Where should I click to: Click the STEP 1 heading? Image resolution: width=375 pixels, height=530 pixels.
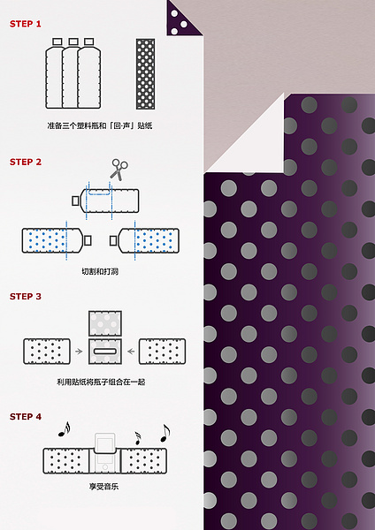tap(26, 24)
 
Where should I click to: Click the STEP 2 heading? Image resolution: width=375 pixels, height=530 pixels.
tap(26, 162)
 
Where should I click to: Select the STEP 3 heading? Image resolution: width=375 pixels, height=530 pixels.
tap(26, 297)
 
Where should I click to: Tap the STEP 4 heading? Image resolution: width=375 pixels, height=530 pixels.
tap(26, 416)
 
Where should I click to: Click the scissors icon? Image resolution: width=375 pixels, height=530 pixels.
tap(119, 170)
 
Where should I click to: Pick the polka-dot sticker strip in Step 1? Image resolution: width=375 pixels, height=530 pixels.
tap(146, 73)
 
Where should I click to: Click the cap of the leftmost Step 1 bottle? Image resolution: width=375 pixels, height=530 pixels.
tap(57, 42)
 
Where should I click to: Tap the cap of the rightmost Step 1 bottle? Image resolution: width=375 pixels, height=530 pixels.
tap(88, 42)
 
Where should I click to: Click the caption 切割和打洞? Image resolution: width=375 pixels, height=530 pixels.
tap(100, 271)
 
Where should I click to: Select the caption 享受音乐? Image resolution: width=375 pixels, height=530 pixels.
tap(103, 487)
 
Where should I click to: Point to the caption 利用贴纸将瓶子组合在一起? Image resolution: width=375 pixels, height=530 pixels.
tap(101, 382)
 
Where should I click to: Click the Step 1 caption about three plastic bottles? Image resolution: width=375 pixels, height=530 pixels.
tap(100, 125)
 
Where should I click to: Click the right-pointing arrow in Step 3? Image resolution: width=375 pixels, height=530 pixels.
tap(79, 352)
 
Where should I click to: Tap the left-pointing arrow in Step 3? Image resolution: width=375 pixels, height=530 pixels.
tap(131, 352)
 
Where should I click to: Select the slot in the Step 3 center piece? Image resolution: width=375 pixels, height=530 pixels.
tap(105, 352)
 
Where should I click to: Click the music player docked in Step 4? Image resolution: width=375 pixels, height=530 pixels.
tap(105, 452)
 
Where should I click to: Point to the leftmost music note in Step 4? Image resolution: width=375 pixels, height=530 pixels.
tap(64, 429)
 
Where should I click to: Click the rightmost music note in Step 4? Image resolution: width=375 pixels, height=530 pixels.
tap(165, 433)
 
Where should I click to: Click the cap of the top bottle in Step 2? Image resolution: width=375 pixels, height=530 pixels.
tap(75, 201)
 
